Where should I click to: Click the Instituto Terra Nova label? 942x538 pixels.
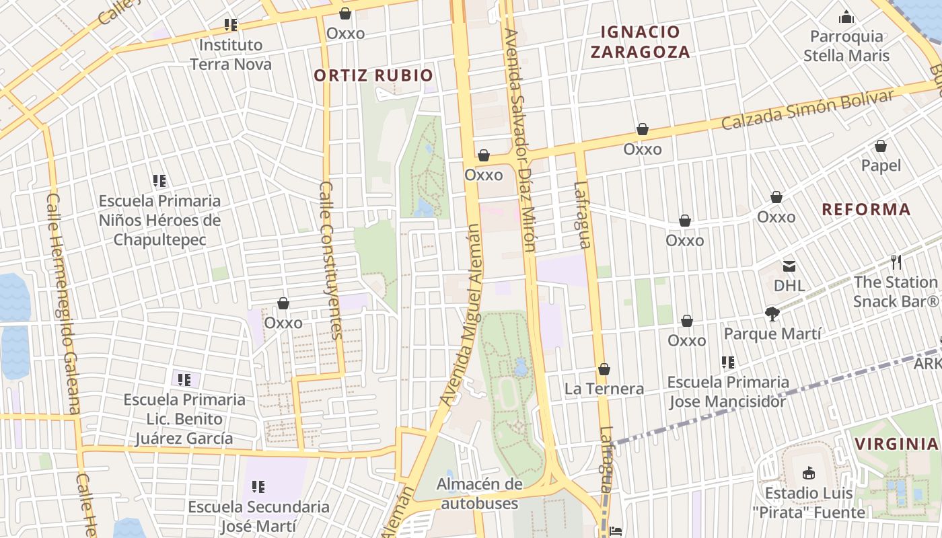coord(231,55)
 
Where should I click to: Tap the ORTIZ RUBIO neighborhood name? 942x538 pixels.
coord(373,75)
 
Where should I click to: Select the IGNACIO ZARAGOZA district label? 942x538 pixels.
coord(641,42)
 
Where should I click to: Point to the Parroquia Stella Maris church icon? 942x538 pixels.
coord(846,17)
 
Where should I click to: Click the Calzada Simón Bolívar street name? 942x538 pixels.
coord(807,110)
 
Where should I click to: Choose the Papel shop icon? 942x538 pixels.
coord(881,146)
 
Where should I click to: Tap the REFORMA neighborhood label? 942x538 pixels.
coord(867,209)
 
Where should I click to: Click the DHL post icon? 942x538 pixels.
coord(789,266)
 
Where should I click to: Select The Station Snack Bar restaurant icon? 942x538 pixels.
coord(896,262)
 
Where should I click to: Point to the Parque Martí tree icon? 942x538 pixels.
coord(772,313)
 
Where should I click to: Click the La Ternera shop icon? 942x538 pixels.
coord(604,369)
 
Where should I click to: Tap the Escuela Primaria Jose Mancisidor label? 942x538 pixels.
coord(727,391)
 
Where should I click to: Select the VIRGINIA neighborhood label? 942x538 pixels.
coord(896,444)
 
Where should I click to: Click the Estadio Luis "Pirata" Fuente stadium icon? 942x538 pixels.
coord(809,473)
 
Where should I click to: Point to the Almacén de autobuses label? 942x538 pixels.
coord(479,494)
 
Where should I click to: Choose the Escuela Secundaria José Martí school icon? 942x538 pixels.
coord(258,486)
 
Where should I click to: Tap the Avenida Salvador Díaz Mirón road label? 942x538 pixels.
coord(520,140)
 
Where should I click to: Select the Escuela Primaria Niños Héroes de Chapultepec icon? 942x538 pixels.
coord(159,181)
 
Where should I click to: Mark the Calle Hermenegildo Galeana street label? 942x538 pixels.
coord(64,303)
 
